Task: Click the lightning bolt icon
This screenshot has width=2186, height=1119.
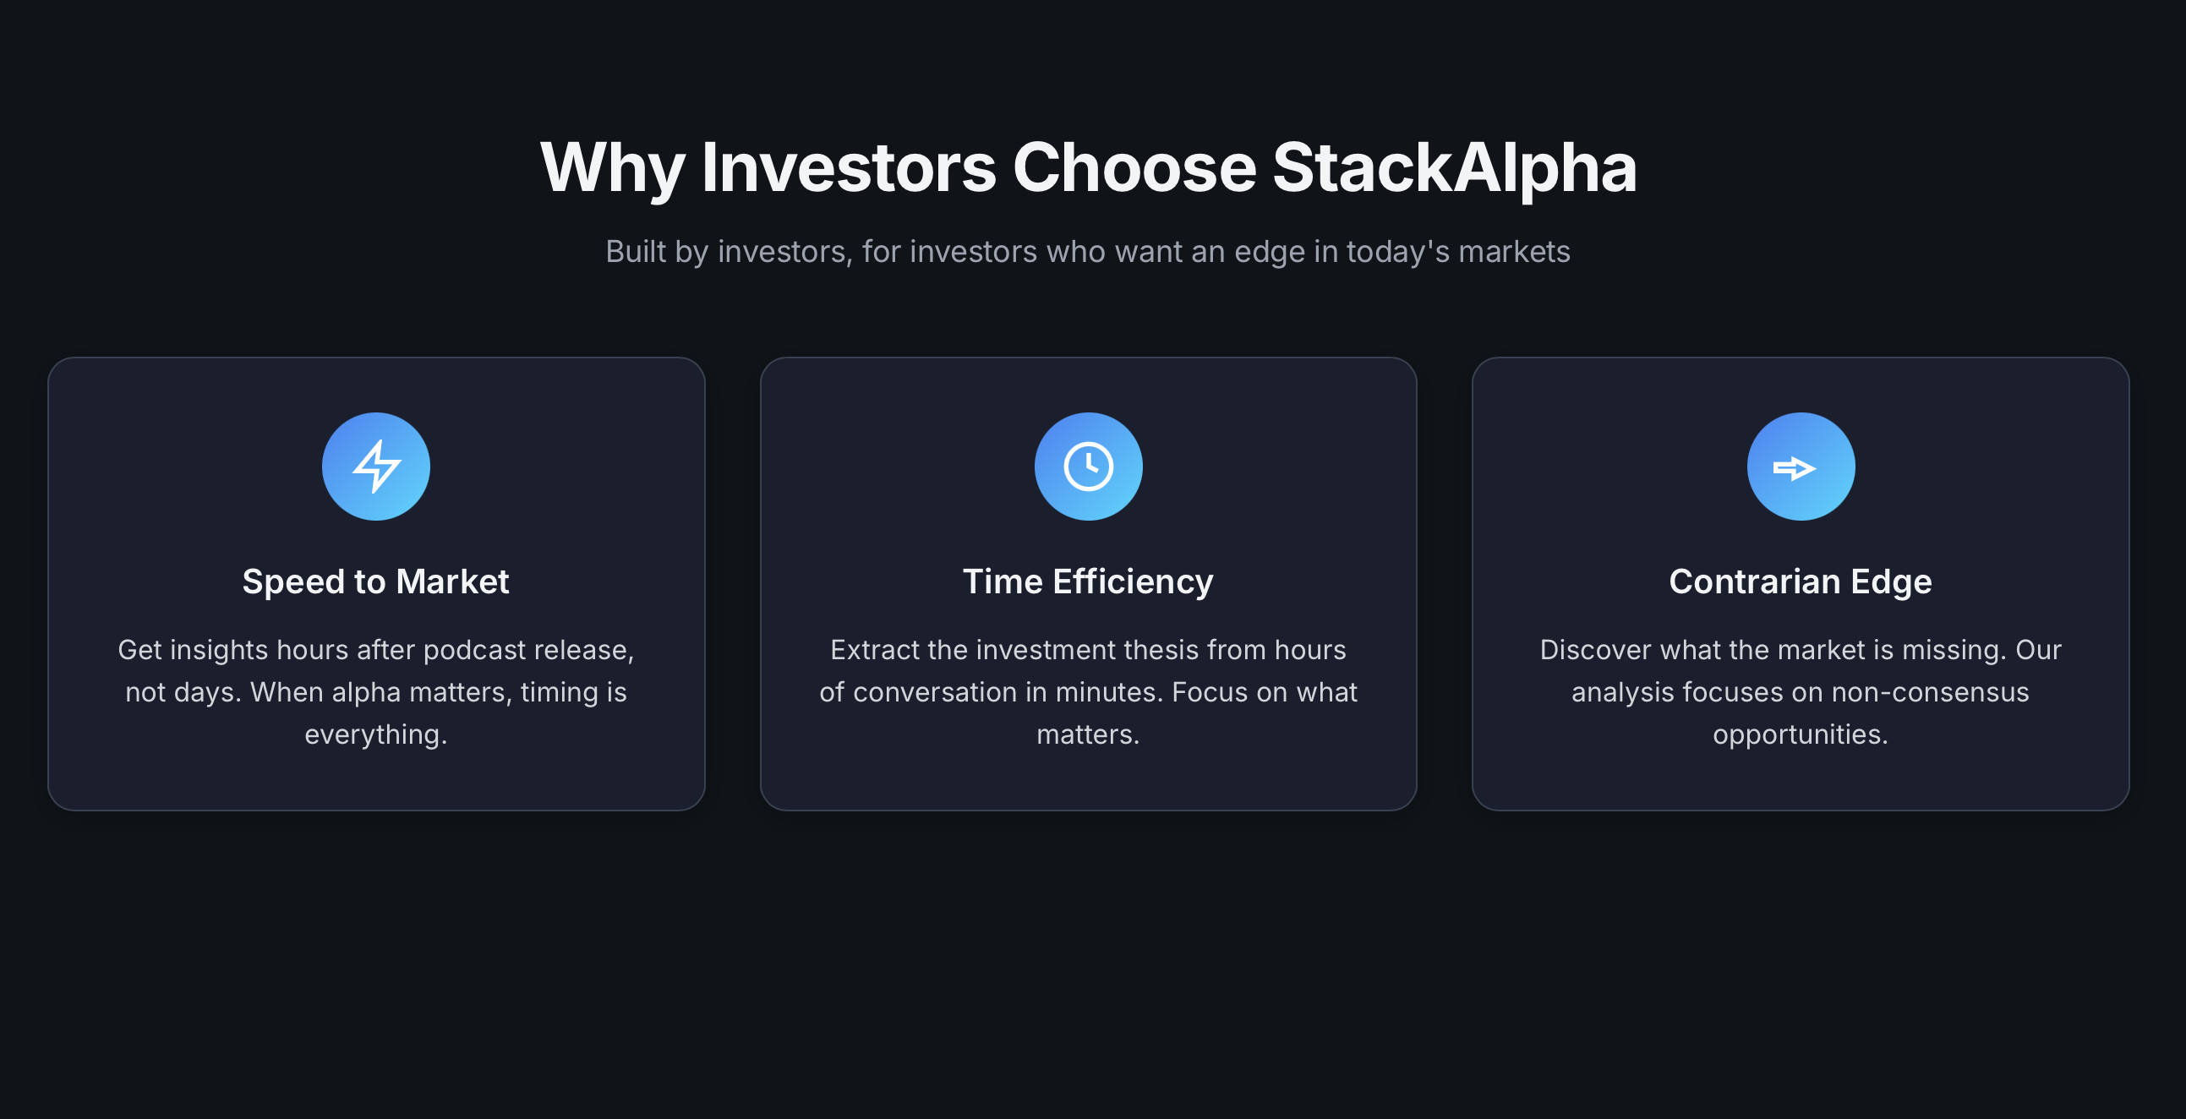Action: point(376,467)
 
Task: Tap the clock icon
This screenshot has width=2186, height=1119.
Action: point(1088,467)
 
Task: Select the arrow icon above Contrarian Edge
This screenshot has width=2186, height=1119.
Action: point(1800,467)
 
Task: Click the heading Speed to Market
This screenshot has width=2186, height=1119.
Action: point(375,582)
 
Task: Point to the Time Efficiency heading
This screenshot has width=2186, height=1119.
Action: point(1088,582)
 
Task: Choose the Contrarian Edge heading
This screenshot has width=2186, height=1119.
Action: point(1800,582)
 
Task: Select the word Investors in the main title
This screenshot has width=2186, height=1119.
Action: point(848,168)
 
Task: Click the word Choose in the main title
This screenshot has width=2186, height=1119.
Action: point(1134,168)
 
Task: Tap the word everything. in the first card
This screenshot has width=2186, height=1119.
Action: point(376,734)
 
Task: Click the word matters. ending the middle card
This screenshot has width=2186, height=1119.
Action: point(1088,734)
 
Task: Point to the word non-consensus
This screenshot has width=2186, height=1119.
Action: point(1930,692)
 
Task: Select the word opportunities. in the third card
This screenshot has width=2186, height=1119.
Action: point(1800,734)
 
